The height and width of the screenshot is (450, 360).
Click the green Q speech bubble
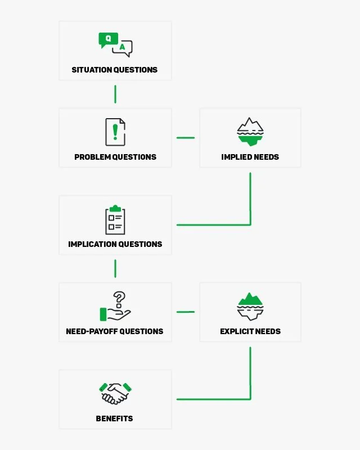click(x=108, y=39)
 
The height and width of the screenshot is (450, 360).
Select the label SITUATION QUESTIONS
click(x=115, y=70)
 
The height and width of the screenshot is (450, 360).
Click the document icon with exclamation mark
click(x=115, y=132)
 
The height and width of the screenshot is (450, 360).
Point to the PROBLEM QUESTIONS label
click(x=115, y=157)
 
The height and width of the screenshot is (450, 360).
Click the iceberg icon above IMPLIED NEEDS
click(x=250, y=132)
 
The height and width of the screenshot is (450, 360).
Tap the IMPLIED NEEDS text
click(x=250, y=157)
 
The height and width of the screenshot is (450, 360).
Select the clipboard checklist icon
click(x=115, y=220)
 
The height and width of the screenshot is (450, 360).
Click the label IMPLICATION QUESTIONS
click(x=115, y=244)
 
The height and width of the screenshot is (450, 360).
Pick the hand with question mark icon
click(x=115, y=307)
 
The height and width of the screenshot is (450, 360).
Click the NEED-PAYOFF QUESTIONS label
click(x=115, y=331)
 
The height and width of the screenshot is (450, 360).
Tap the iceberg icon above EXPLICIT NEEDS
click(x=250, y=307)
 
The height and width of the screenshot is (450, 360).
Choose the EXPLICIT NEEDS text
click(x=250, y=331)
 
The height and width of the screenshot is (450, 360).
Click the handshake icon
click(x=115, y=393)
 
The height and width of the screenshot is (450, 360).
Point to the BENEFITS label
click(x=115, y=418)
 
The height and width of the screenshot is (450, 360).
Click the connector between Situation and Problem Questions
click(x=115, y=94)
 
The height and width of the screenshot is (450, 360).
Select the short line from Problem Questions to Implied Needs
click(x=186, y=138)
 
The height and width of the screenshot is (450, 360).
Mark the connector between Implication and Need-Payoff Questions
click(x=115, y=269)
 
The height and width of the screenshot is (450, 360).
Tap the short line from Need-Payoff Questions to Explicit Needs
click(x=186, y=312)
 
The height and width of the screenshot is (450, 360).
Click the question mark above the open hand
click(x=119, y=299)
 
